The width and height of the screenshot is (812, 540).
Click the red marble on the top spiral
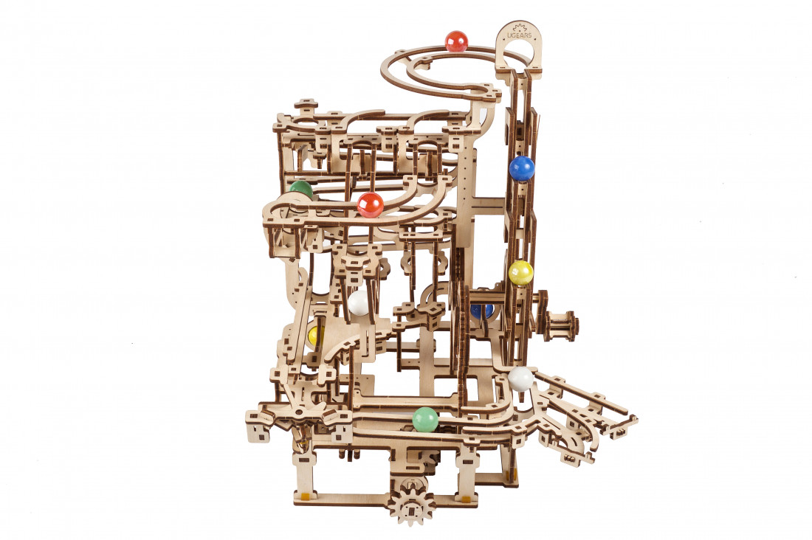click(x=457, y=41)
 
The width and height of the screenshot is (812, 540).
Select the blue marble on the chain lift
click(x=522, y=168)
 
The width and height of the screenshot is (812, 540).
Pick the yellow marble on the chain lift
click(x=520, y=273)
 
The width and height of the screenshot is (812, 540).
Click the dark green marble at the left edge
click(x=300, y=189)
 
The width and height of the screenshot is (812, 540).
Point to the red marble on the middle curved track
click(x=371, y=204)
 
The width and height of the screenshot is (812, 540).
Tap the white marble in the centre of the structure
click(x=359, y=302)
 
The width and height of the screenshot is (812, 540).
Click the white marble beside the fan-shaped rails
click(x=520, y=379)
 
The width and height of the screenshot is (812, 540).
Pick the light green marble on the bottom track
click(x=425, y=419)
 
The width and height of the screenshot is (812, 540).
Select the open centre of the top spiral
click(x=443, y=75)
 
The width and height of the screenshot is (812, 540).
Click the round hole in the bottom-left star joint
click(x=297, y=398)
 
